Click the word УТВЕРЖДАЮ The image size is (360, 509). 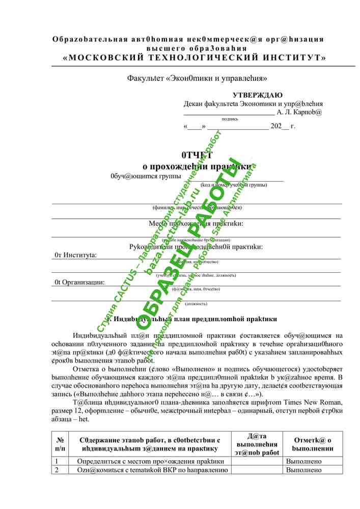tap(258, 95)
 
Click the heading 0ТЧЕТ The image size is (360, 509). tap(197, 155)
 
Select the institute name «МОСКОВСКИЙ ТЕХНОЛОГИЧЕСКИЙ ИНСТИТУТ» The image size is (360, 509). tap(194, 58)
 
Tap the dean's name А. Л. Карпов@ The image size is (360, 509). tap(299, 112)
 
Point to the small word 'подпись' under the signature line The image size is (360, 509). tap(230, 119)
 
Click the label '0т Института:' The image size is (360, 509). tap(75, 255)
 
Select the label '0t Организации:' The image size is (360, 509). tap(79, 281)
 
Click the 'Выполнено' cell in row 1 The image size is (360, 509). tap(304, 461)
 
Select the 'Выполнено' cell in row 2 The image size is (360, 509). tap(304, 470)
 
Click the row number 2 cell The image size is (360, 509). tap(58, 470)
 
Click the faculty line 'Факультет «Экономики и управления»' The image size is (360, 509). tap(197, 78)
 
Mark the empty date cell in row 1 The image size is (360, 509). tap(257, 461)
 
